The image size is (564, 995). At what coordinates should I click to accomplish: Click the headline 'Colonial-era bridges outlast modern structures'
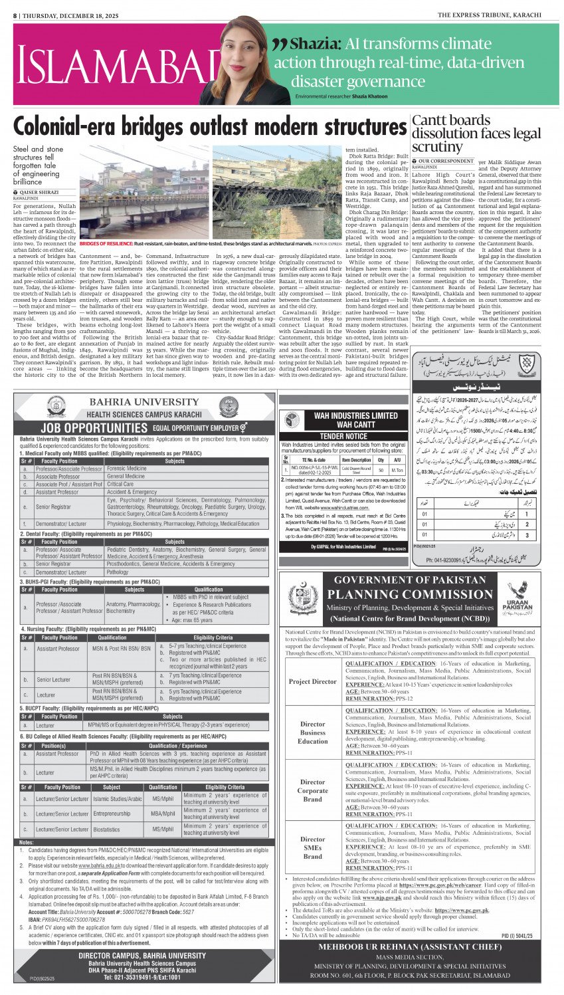tap(210, 127)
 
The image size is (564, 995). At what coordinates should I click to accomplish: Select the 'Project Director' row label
tap(313, 681)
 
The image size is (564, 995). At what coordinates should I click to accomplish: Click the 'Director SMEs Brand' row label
tap(313, 847)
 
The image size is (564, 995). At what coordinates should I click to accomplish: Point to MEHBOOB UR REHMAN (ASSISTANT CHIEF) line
tap(409, 946)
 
